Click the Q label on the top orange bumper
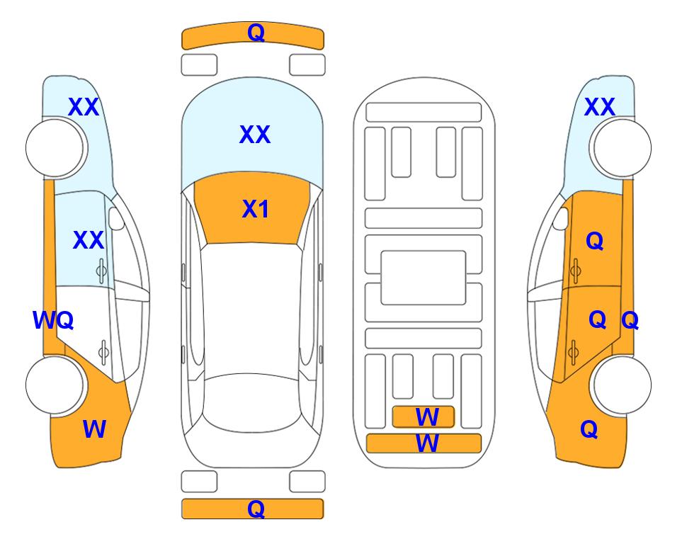click(x=256, y=33)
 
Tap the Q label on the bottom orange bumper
click(x=256, y=509)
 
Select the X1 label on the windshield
click(x=256, y=209)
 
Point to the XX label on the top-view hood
click(x=255, y=135)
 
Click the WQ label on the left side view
click(x=53, y=320)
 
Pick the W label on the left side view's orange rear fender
click(x=94, y=429)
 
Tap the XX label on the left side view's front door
click(x=89, y=240)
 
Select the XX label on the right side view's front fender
click(x=599, y=107)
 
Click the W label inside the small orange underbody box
click(x=427, y=417)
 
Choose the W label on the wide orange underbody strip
click(x=427, y=443)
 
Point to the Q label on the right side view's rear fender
click(x=589, y=429)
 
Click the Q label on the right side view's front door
click(x=595, y=241)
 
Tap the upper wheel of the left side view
click(x=55, y=148)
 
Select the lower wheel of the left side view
click(x=55, y=385)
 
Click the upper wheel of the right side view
click(x=622, y=148)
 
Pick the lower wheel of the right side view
click(x=622, y=385)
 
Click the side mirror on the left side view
click(x=116, y=218)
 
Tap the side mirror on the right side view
click(x=561, y=218)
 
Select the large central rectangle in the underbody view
click(x=424, y=278)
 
